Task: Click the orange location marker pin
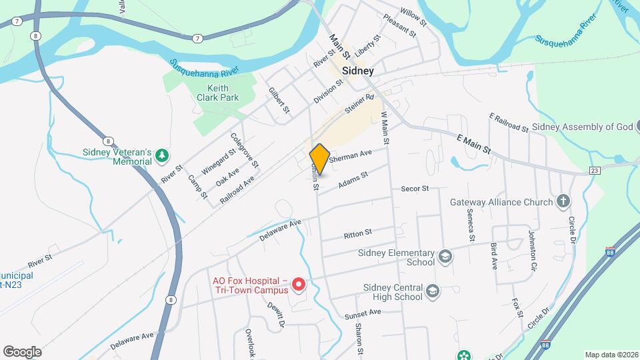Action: (319, 159)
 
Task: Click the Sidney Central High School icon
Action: (433, 291)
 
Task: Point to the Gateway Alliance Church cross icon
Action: (563, 201)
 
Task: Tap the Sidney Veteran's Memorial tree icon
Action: (161, 156)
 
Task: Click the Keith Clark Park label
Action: (213, 93)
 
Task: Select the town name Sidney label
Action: (357, 70)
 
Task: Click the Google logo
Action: (22, 351)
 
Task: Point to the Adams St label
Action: (353, 180)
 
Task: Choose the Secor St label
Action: (414, 189)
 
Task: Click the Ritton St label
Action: (357, 234)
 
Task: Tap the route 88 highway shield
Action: (610, 251)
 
